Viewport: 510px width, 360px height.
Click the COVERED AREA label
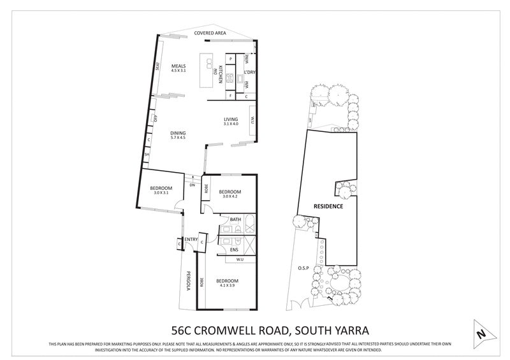[x=207, y=31]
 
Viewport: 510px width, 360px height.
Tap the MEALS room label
[x=178, y=66]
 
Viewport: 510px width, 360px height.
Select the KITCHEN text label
[x=221, y=75]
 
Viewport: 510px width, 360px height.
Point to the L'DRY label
[x=250, y=73]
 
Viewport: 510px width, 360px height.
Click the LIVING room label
[x=230, y=119]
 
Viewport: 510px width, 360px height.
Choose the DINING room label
[x=178, y=133]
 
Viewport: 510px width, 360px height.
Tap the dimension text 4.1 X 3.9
[x=227, y=285]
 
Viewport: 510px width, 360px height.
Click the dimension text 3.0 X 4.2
[x=229, y=197]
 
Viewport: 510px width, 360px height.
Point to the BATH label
[x=235, y=220]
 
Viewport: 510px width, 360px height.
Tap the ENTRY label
[x=191, y=239]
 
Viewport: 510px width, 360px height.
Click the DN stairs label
[x=191, y=185]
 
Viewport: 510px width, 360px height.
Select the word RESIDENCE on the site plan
[x=328, y=206]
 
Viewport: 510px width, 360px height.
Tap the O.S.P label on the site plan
[x=303, y=268]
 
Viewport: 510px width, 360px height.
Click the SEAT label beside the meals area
[x=157, y=66]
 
